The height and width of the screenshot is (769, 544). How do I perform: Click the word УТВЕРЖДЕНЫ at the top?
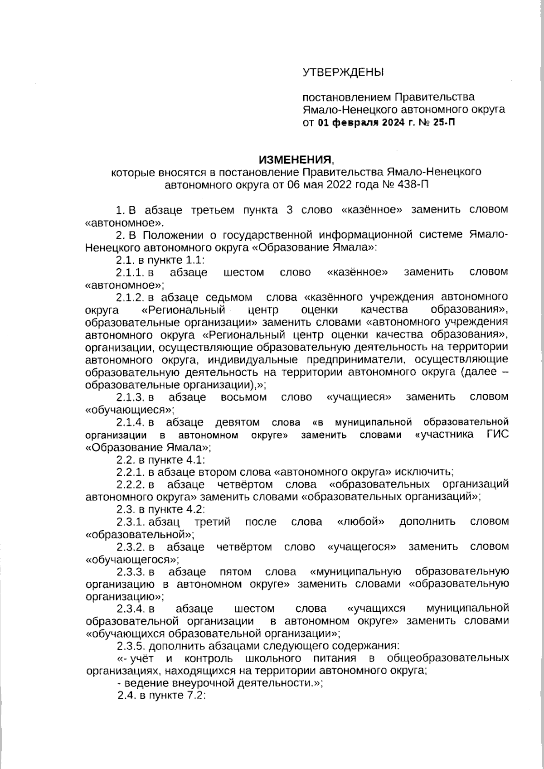[x=343, y=72]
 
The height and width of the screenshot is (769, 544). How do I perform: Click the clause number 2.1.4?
[x=131, y=422]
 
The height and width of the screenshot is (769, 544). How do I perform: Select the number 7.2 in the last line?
[x=196, y=696]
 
